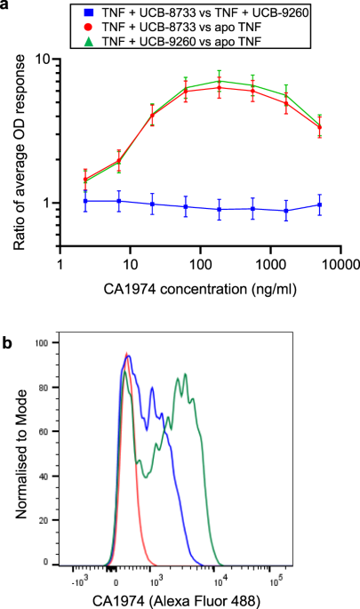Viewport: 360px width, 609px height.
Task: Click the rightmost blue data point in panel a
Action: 319,205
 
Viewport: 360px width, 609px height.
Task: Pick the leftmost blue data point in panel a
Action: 85,201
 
